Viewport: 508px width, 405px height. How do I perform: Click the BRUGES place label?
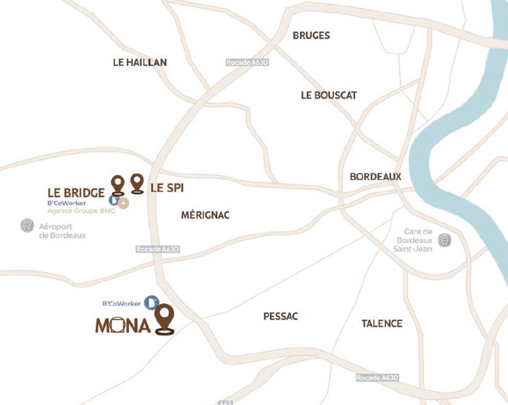[311, 36]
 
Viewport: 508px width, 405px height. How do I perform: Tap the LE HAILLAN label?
[140, 62]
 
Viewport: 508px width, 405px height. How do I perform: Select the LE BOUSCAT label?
[329, 95]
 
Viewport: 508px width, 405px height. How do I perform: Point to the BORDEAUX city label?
[375, 176]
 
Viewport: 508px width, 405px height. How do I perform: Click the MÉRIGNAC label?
[205, 215]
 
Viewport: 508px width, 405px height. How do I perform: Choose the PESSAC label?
[280, 317]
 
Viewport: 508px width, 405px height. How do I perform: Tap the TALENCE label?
[382, 324]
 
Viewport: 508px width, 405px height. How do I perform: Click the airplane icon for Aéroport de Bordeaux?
[27, 226]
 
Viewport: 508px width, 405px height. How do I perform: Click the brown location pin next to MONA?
[165, 319]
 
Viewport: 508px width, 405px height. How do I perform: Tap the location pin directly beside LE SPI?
[138, 183]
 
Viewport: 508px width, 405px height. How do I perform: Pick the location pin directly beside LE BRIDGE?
[119, 185]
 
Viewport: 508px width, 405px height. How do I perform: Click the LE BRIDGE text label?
[76, 192]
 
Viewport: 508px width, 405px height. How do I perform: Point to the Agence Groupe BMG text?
[81, 210]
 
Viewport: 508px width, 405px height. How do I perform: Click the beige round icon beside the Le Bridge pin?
[123, 204]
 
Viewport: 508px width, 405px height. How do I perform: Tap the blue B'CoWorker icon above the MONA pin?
[152, 303]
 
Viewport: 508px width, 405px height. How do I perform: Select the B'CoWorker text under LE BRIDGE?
[67, 203]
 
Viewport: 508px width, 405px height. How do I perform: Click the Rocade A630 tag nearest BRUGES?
[247, 62]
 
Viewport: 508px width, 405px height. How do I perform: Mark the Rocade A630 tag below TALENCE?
[377, 378]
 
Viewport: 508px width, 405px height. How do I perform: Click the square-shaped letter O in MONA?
[117, 325]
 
